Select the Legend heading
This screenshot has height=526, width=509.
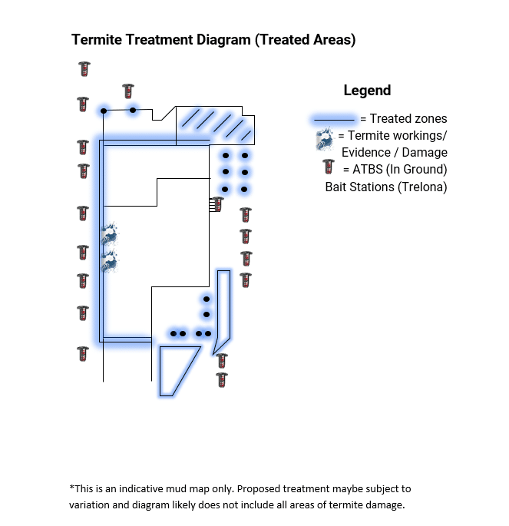coord(367,91)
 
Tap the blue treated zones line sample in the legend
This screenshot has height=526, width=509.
coord(334,119)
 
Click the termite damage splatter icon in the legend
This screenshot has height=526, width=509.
coord(324,140)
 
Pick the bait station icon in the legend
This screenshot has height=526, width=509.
coord(328,168)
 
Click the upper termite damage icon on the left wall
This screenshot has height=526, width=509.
coord(108,233)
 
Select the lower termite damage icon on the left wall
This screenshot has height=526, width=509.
coord(108,262)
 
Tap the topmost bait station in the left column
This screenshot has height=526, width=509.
coord(84,69)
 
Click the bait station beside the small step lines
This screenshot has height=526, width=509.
coord(218,204)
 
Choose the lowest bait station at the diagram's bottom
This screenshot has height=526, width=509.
coord(221,379)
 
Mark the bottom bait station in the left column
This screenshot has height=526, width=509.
coord(83,354)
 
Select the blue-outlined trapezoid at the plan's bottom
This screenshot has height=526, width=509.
coord(175,367)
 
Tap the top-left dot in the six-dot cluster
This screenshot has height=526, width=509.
coord(225,156)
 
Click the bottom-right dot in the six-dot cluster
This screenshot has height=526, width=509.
coord(244,189)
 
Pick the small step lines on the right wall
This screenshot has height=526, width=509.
coord(211,204)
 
